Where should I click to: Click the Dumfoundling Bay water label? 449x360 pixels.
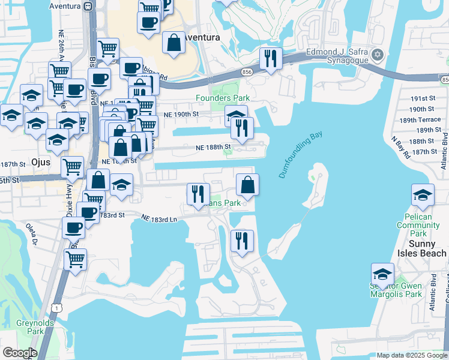301,155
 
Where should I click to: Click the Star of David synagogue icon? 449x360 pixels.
377,55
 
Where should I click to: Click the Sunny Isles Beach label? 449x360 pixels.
418,248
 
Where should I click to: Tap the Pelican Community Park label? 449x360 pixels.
420,229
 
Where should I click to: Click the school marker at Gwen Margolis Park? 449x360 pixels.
382,275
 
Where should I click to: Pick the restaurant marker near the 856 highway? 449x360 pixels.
271,59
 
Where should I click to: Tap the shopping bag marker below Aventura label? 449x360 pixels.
173,43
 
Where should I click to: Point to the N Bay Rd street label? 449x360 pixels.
400,147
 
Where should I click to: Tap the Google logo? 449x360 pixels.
20,353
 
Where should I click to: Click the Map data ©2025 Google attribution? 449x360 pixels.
412,355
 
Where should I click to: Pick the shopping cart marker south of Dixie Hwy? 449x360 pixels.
76,260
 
